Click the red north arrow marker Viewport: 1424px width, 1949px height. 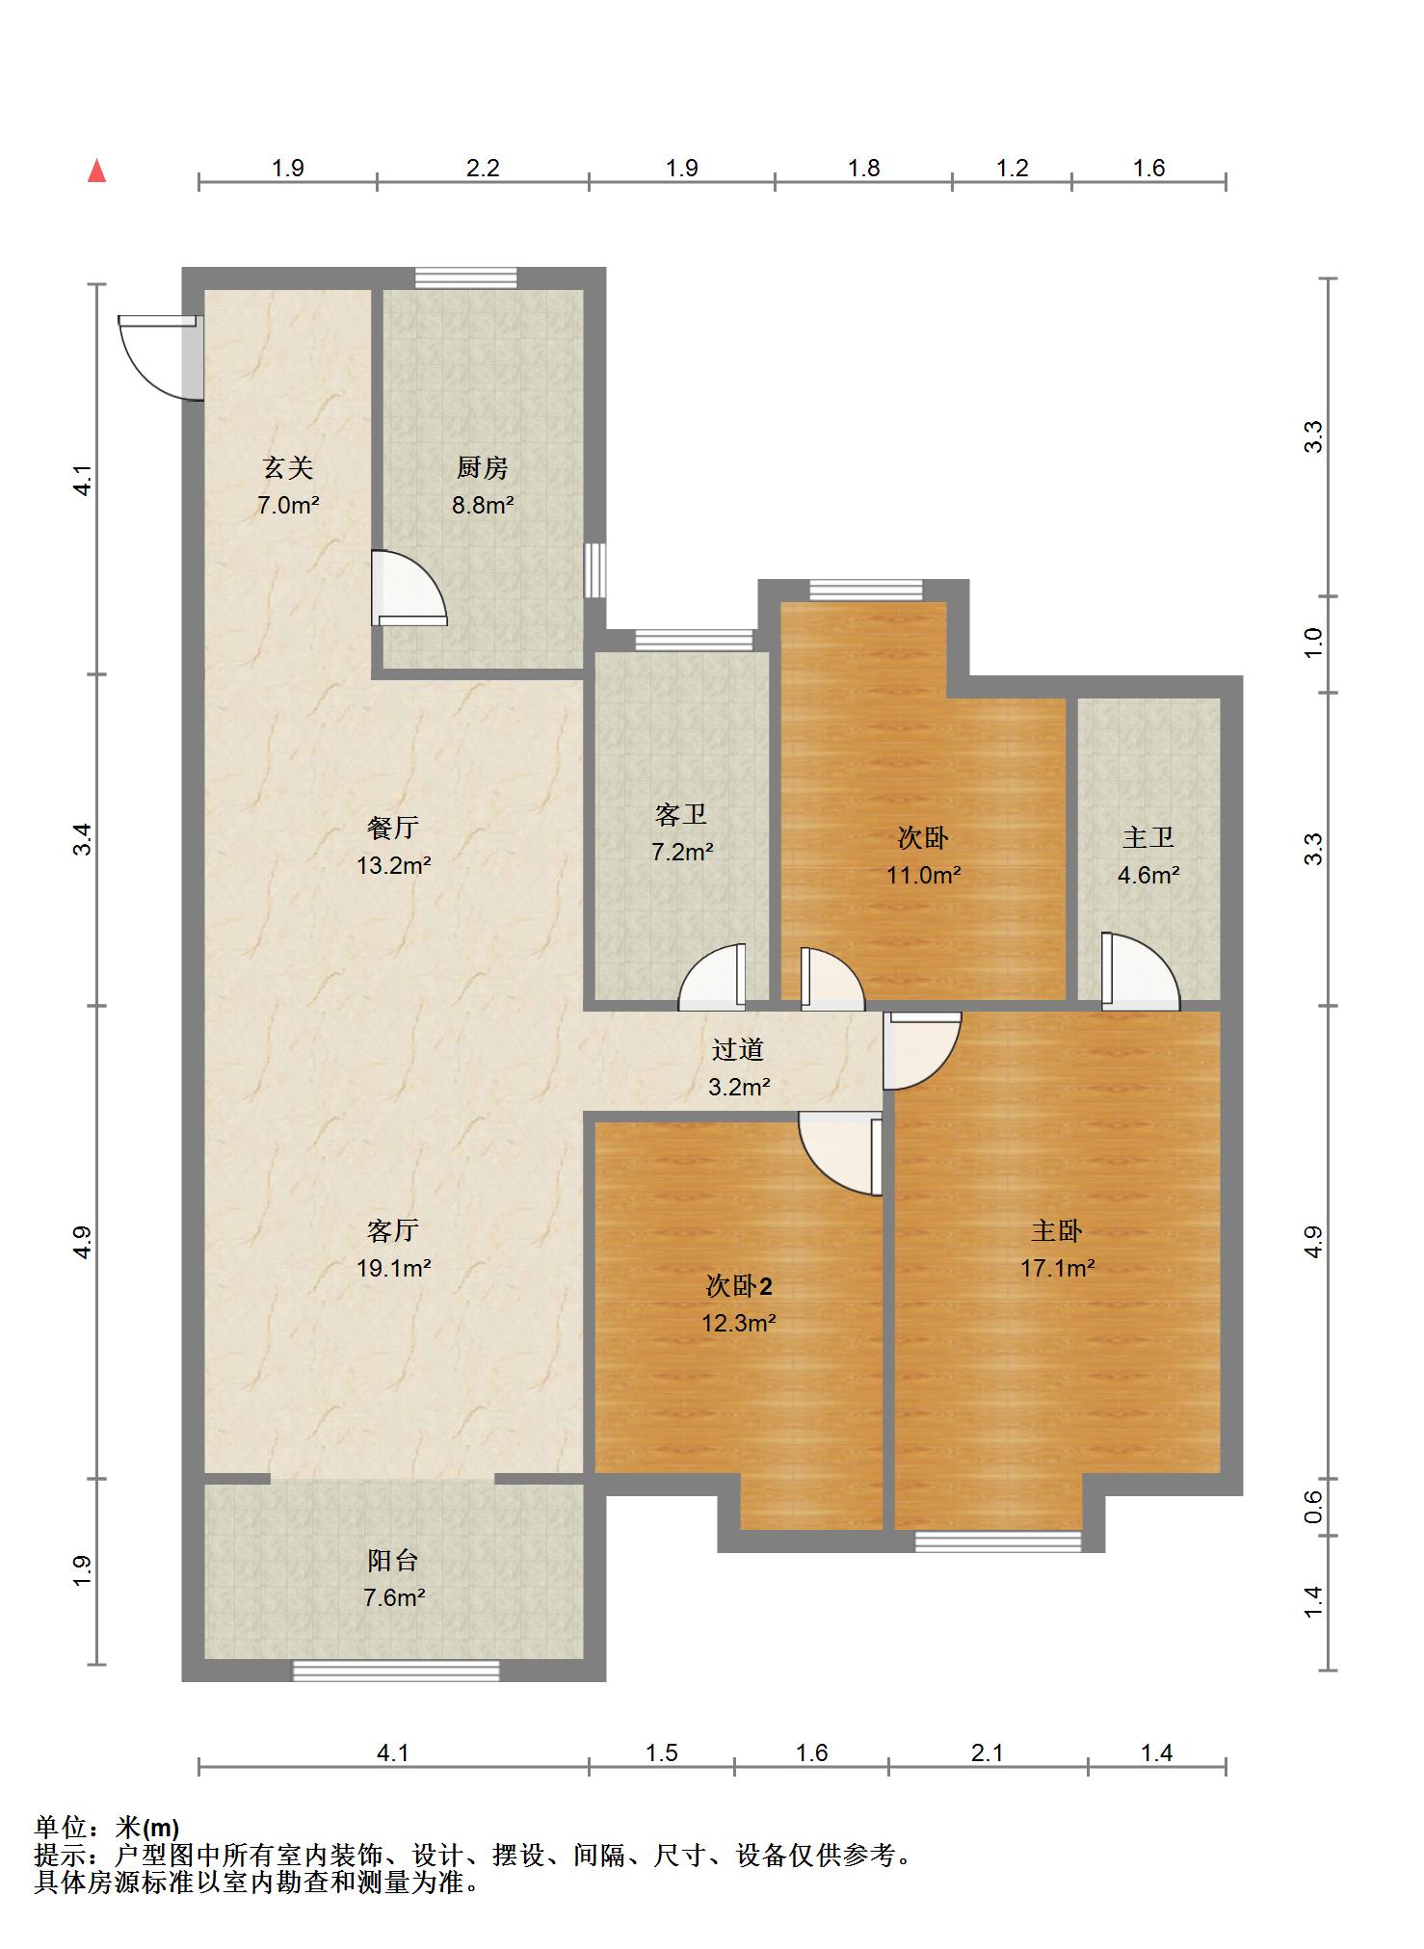[x=96, y=171]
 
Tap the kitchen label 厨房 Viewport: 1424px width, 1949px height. [x=482, y=468]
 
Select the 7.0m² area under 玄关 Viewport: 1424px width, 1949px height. [x=288, y=504]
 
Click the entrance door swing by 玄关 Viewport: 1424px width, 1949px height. [x=160, y=356]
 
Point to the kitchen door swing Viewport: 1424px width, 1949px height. [x=409, y=588]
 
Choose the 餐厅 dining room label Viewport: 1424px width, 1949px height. [x=393, y=828]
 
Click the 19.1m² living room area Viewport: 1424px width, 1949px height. [x=393, y=1268]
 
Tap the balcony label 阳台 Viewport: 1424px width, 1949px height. [x=393, y=1560]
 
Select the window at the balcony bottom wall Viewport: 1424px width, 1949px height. [x=396, y=1671]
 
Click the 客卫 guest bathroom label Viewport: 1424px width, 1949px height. [x=681, y=815]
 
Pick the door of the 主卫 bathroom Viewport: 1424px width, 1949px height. [x=1141, y=971]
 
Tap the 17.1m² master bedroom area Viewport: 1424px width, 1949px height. [x=1057, y=1268]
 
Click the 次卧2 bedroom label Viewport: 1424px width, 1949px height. [x=739, y=1286]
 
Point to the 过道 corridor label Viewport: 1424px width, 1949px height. [x=738, y=1049]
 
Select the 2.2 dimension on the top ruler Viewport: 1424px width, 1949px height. [x=483, y=168]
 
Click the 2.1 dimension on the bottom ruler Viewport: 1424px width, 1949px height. [x=988, y=1752]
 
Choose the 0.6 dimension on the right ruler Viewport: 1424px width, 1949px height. [x=1313, y=1506]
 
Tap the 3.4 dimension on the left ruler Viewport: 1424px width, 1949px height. [x=85, y=839]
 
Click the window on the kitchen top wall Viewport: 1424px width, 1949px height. [x=465, y=278]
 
